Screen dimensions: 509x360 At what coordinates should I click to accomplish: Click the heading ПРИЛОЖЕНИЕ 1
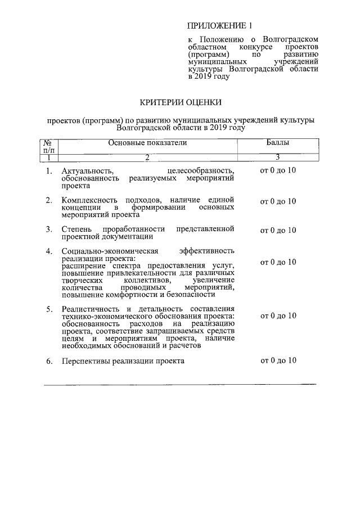pos(220,26)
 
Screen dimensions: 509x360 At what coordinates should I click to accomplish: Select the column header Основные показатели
pos(148,143)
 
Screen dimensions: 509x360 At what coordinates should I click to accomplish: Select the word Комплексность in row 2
pos(89,200)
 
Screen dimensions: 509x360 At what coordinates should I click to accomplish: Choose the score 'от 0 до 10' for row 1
pos(278,170)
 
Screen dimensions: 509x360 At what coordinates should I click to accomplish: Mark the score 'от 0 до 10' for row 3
pos(278,230)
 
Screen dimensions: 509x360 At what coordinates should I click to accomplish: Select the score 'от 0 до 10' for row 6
pos(278,361)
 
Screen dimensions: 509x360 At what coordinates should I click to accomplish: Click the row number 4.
pos(49,251)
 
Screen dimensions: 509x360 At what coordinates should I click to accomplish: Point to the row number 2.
pos(49,200)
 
